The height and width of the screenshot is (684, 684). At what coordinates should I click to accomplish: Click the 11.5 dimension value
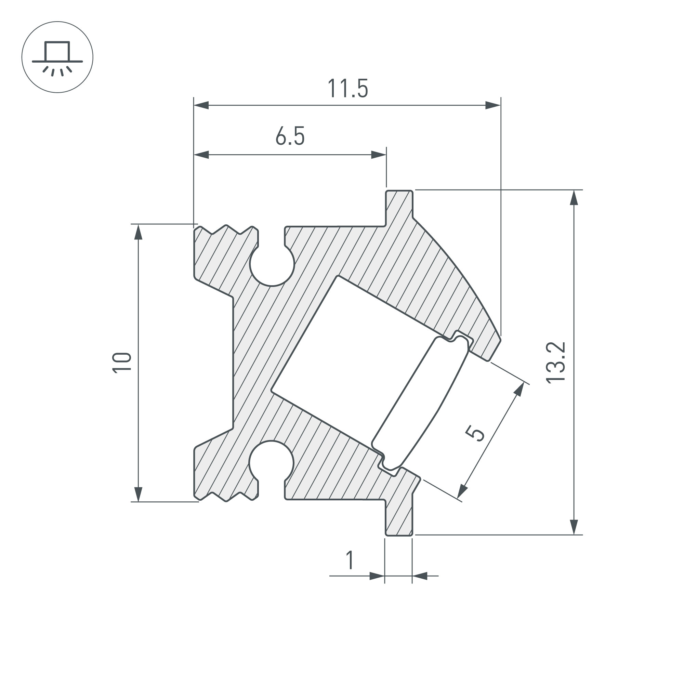click(x=348, y=89)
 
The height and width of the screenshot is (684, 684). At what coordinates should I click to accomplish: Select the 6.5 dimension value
click(x=290, y=136)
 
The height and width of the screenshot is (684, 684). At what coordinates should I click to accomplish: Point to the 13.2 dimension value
click(x=555, y=363)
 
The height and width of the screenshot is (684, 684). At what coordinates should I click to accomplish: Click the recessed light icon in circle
click(x=57, y=57)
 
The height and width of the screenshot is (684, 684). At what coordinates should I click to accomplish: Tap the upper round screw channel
click(x=272, y=263)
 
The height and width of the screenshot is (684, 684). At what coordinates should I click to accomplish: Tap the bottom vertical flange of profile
click(x=399, y=519)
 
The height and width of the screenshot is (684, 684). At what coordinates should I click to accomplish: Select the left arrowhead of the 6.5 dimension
click(x=201, y=155)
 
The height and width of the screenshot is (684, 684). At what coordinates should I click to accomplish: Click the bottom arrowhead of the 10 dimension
click(x=139, y=494)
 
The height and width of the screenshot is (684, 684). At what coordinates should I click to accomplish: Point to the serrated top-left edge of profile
click(x=226, y=230)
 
